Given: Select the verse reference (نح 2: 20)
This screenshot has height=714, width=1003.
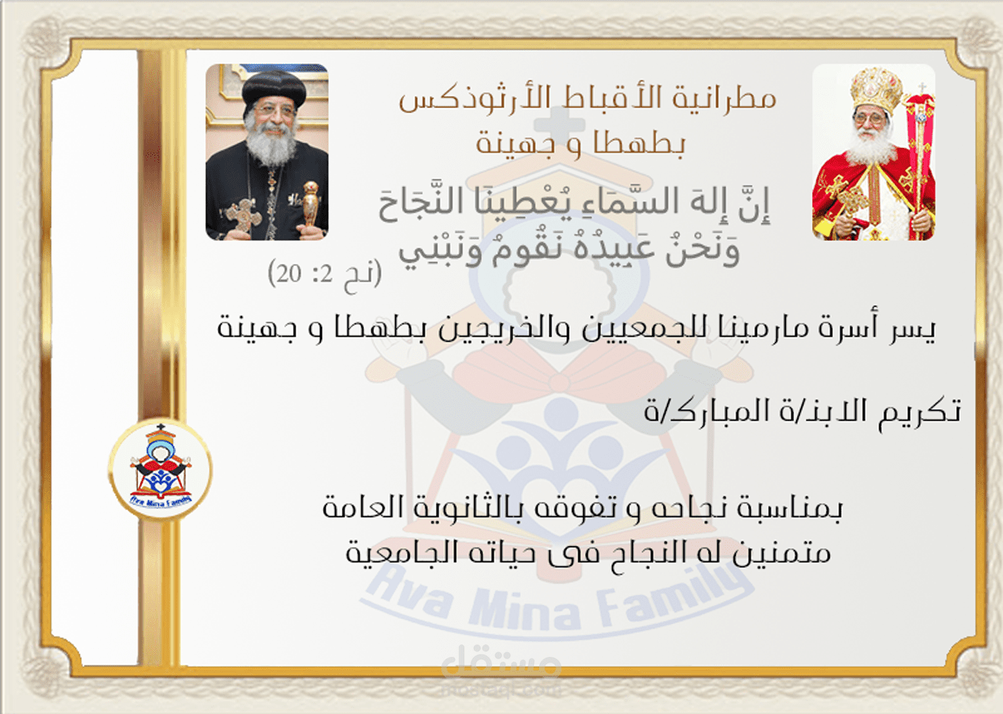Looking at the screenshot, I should coord(324,276).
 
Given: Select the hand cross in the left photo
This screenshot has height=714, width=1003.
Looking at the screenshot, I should coord(244,215).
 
